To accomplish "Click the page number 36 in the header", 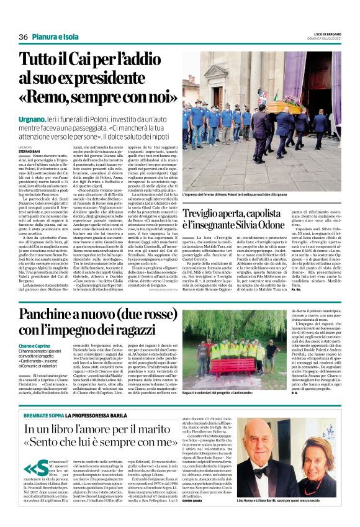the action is tap(23, 37).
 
